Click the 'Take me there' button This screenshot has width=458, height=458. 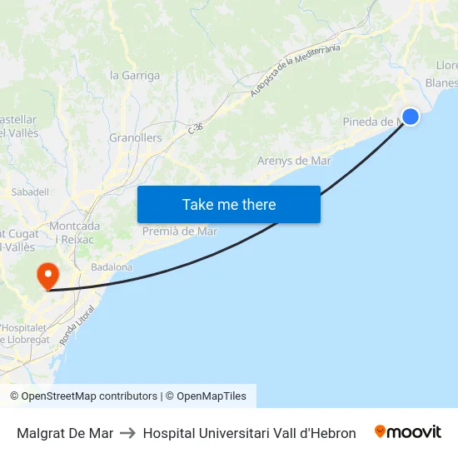point(228,204)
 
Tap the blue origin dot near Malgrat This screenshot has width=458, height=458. point(410,116)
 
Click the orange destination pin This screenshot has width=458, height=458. point(47,276)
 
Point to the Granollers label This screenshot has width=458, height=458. point(136,137)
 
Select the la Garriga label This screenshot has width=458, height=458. point(135,75)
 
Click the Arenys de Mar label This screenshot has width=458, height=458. point(294,161)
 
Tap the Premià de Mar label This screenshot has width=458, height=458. point(180,231)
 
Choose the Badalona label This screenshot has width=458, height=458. point(112,267)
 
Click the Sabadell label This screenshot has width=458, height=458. point(30,192)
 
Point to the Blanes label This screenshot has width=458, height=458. point(441,82)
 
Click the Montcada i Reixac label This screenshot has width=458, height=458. point(75,232)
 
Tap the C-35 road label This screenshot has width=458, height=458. point(196,128)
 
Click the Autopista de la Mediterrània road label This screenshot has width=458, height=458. point(297,70)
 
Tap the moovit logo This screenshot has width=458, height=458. point(408,431)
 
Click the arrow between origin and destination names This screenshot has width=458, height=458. point(127,433)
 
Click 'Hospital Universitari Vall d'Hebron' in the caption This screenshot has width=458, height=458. point(249,433)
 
